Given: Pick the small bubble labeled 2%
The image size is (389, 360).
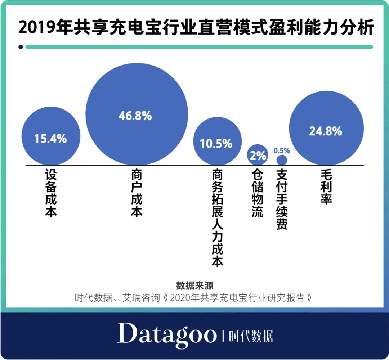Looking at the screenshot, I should click(x=258, y=155).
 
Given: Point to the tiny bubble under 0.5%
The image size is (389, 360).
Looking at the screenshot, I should click(x=282, y=160).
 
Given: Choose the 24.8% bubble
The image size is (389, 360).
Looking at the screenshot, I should click(x=326, y=131).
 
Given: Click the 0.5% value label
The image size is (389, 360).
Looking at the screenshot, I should click(x=282, y=151).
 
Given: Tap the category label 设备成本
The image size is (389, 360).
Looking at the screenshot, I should click(x=51, y=193).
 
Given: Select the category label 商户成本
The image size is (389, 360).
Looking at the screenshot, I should click(x=137, y=193).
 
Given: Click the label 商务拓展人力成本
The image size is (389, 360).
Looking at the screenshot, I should click(x=218, y=218).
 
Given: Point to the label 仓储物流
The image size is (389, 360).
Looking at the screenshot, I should click(x=258, y=193).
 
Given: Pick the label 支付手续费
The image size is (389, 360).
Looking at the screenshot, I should click(x=282, y=200).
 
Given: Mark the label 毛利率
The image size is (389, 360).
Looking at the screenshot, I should click(x=326, y=187).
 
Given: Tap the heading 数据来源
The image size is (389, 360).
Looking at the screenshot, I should click(x=194, y=286).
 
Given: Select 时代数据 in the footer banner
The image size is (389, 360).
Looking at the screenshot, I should click(x=251, y=336).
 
